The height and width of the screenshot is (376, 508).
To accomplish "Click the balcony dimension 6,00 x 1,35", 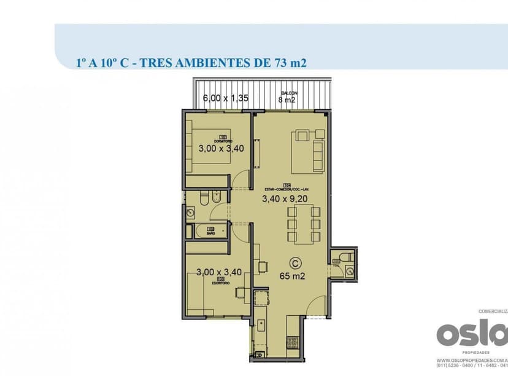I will click(x=225, y=98).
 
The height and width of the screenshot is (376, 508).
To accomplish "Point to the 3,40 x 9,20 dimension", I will click(x=283, y=198).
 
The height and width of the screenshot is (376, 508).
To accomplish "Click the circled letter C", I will click(x=296, y=262).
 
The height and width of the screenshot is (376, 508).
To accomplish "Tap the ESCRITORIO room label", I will click(x=221, y=282).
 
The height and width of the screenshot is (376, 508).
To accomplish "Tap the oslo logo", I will click(x=472, y=334).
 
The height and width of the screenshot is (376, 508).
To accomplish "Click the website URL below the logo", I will click(x=472, y=362).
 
